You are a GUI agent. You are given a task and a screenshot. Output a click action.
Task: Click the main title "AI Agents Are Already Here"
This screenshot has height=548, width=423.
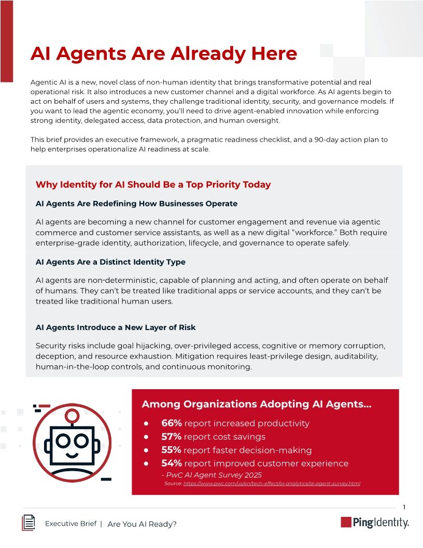164,54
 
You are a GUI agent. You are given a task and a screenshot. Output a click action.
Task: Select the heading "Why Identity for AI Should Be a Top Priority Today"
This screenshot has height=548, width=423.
153,184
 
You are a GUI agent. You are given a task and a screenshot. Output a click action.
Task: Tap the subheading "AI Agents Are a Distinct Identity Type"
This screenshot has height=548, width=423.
110,262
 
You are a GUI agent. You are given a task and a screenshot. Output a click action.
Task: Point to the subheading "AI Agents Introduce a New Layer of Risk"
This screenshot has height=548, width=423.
116,327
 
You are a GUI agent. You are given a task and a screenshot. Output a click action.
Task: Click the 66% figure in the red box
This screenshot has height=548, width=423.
171,423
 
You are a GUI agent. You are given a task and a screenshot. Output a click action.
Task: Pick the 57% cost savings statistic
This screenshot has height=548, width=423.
171,437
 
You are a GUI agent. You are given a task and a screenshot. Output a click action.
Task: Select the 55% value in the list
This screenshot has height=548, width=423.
171,450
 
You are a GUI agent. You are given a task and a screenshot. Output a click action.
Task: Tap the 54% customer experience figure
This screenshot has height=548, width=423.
171,463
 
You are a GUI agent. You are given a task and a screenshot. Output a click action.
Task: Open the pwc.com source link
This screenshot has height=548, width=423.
272,484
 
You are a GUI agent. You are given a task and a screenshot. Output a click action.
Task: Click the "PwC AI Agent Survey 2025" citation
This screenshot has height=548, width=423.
212,475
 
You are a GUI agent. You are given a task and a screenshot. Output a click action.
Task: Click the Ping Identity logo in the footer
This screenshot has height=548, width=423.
374,523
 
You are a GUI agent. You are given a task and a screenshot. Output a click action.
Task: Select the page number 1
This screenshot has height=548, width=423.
404,507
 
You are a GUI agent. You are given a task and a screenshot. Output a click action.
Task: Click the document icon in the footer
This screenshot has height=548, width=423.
29,523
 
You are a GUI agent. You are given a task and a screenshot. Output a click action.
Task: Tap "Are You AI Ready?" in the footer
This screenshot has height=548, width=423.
142,524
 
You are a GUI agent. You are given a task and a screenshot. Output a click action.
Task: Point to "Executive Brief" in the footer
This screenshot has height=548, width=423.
70,524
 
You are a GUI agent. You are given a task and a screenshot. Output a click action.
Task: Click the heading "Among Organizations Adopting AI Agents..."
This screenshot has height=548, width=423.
256,404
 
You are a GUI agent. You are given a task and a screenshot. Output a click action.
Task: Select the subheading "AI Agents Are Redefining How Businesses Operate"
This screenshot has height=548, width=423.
136,203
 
